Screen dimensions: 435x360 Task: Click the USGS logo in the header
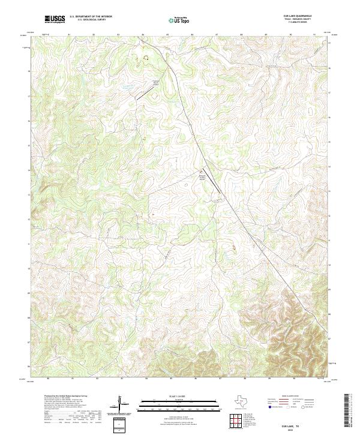pos(55,19)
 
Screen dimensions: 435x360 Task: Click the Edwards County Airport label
pos(202,176)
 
